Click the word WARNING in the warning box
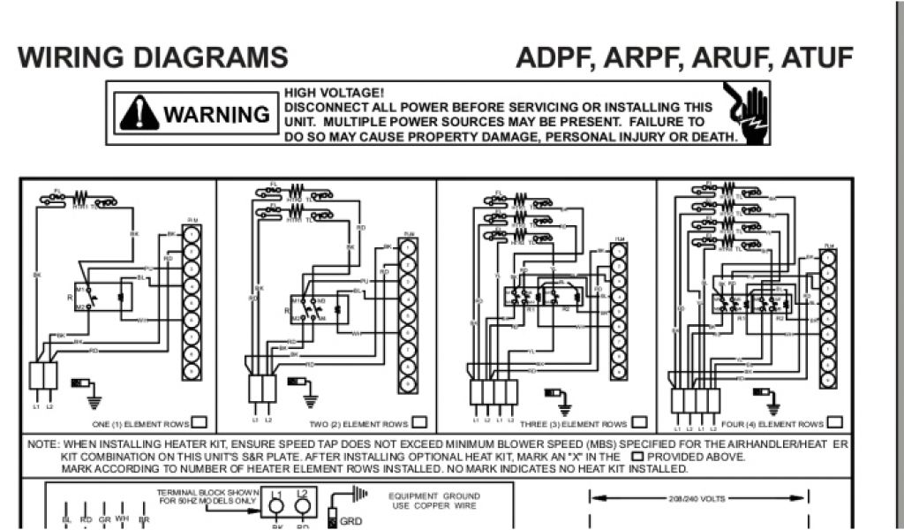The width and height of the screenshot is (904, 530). [215, 115]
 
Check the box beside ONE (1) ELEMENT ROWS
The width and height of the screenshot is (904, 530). [200, 422]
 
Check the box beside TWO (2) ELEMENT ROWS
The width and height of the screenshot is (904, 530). [419, 422]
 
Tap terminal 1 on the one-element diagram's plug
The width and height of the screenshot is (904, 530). [192, 235]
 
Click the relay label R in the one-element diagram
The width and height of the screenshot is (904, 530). [68, 298]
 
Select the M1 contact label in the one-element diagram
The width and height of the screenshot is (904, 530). [79, 289]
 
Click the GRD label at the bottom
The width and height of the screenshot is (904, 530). [350, 521]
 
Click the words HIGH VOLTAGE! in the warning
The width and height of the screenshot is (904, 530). [334, 93]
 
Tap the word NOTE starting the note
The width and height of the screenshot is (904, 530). [42, 443]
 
